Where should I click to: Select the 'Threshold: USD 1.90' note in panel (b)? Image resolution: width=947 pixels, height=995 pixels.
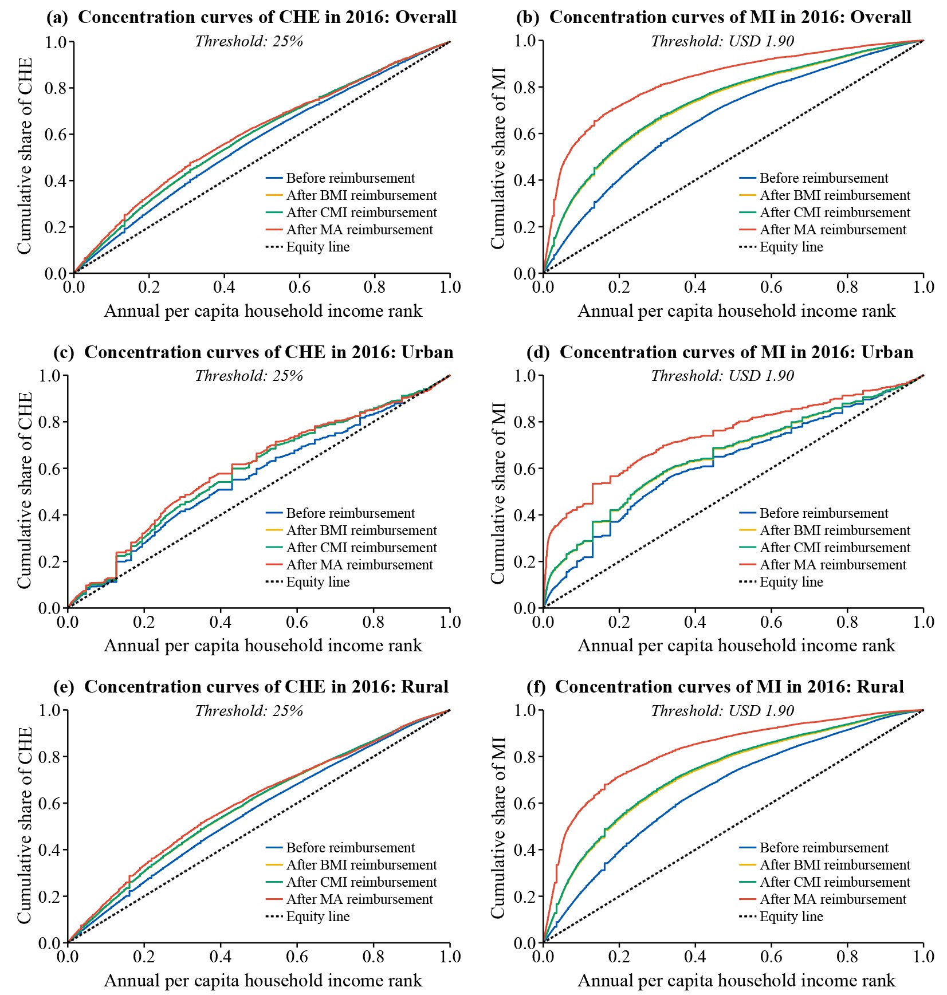tap(722, 41)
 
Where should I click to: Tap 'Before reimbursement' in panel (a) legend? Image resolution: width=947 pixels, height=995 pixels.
tap(350, 178)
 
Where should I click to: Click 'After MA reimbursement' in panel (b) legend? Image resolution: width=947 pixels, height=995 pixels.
tap(833, 230)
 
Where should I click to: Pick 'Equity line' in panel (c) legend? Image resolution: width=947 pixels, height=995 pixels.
tap(318, 582)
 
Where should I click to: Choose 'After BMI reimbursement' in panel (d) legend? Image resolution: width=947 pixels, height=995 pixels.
tap(835, 530)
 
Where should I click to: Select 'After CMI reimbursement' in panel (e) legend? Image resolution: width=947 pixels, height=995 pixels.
tap(361, 882)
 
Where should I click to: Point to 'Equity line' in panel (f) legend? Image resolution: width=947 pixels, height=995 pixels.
tap(791, 917)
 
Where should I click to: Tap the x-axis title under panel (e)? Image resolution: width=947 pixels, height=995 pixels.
tap(263, 981)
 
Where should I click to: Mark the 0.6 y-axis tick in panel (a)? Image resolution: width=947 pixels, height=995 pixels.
tap(56, 135)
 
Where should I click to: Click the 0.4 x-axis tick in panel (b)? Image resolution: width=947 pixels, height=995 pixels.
tap(695, 287)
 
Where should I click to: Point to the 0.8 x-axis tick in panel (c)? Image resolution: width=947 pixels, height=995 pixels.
tap(374, 622)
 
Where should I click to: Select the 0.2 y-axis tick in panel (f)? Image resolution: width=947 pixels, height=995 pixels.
tap(525, 896)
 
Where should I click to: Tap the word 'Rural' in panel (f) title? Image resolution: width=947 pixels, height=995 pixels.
tap(880, 687)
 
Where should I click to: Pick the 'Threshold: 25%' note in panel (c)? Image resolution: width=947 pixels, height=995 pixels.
tap(249, 376)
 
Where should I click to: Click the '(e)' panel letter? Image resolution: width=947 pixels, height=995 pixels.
tap(64, 687)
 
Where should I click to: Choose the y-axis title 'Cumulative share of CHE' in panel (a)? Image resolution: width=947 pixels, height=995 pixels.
tap(24, 156)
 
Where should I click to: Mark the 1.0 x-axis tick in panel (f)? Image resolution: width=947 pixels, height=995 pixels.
tap(924, 957)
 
